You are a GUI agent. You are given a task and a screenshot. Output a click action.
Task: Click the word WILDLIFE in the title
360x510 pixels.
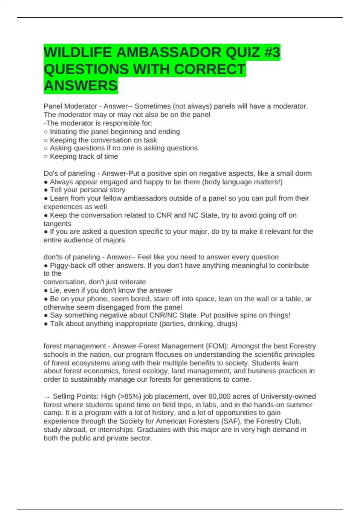point(78,52)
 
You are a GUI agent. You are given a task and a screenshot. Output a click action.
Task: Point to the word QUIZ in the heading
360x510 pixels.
point(243,52)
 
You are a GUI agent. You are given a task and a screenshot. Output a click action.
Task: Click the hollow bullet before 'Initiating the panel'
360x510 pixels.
point(46,132)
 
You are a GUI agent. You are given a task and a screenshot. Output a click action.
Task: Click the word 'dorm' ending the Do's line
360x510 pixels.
point(303,173)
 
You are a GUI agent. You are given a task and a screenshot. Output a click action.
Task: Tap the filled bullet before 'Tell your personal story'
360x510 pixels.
point(46,190)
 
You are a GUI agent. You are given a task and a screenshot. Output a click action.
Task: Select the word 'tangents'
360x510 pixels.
point(57,223)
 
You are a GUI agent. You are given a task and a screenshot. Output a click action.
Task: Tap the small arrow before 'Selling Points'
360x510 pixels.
point(47,397)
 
